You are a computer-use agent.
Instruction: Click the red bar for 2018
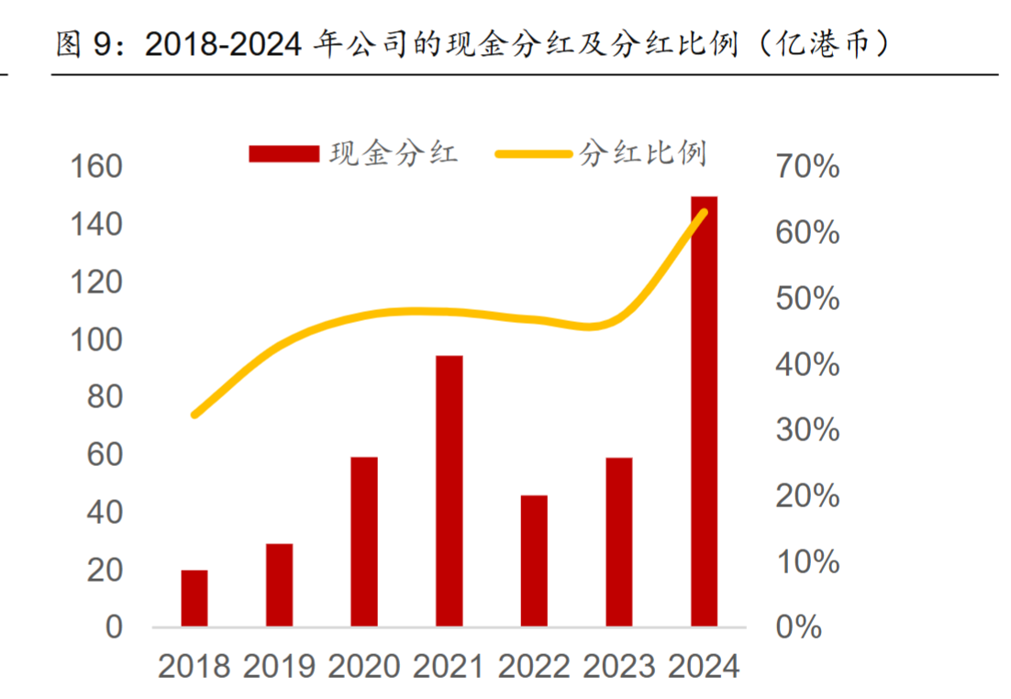coord(194,598)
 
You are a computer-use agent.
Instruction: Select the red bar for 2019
coord(279,585)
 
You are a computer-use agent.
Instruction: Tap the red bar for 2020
coord(364,541)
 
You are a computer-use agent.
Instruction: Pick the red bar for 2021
coord(450,491)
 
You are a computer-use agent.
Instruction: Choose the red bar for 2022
coord(534,560)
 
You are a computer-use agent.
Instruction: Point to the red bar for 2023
coord(619,541)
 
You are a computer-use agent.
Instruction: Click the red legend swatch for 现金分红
coord(283,153)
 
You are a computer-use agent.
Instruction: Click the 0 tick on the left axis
coord(114,627)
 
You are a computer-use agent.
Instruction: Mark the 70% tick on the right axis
coord(807,167)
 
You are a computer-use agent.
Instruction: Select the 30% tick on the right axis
coord(807,430)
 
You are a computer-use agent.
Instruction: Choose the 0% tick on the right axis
coord(798,627)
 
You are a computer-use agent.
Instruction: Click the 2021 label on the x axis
coord(450,667)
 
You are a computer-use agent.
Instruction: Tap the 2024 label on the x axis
coord(704,667)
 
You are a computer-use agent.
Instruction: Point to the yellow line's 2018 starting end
coord(194,415)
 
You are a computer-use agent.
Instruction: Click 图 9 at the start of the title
coord(88,44)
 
